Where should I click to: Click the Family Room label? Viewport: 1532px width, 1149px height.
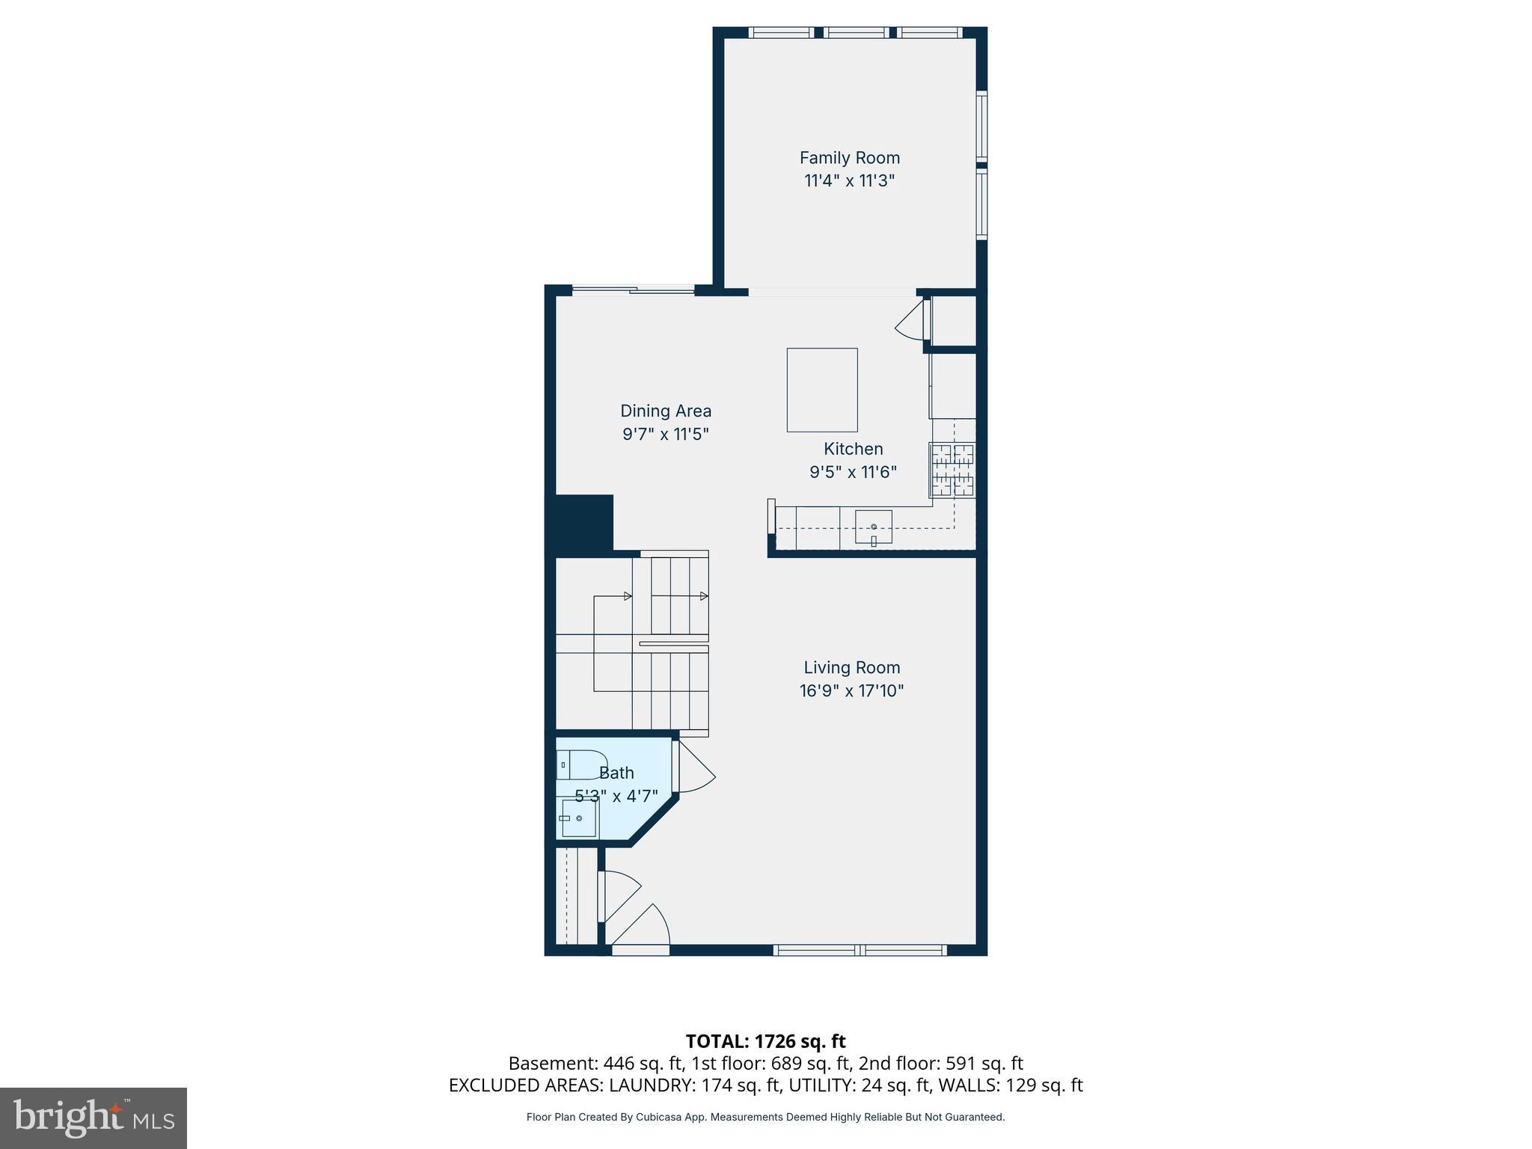(x=849, y=158)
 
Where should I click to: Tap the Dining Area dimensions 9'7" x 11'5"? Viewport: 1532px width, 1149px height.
(x=665, y=434)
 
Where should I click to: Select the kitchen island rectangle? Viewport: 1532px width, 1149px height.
(x=821, y=390)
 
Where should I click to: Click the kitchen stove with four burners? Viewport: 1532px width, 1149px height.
(x=952, y=471)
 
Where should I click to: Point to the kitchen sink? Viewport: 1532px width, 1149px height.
(x=873, y=527)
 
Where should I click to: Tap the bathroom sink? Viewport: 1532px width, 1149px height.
(x=578, y=818)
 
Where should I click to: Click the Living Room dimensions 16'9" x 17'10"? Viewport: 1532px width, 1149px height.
(x=851, y=690)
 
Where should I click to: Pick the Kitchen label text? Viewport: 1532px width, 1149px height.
(x=853, y=449)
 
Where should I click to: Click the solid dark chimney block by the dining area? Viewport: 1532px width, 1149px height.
(x=583, y=523)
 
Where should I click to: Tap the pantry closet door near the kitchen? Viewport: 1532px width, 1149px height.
(x=911, y=321)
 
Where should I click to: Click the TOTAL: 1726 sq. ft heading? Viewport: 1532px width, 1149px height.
(x=765, y=1041)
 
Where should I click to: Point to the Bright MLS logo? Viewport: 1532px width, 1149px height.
(x=93, y=1118)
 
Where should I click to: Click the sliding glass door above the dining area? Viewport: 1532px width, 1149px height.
(x=633, y=290)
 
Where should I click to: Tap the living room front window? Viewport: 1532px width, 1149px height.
(x=860, y=950)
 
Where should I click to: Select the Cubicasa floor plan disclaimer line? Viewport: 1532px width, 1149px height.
(x=765, y=1117)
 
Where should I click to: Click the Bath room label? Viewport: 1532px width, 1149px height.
(x=616, y=773)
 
